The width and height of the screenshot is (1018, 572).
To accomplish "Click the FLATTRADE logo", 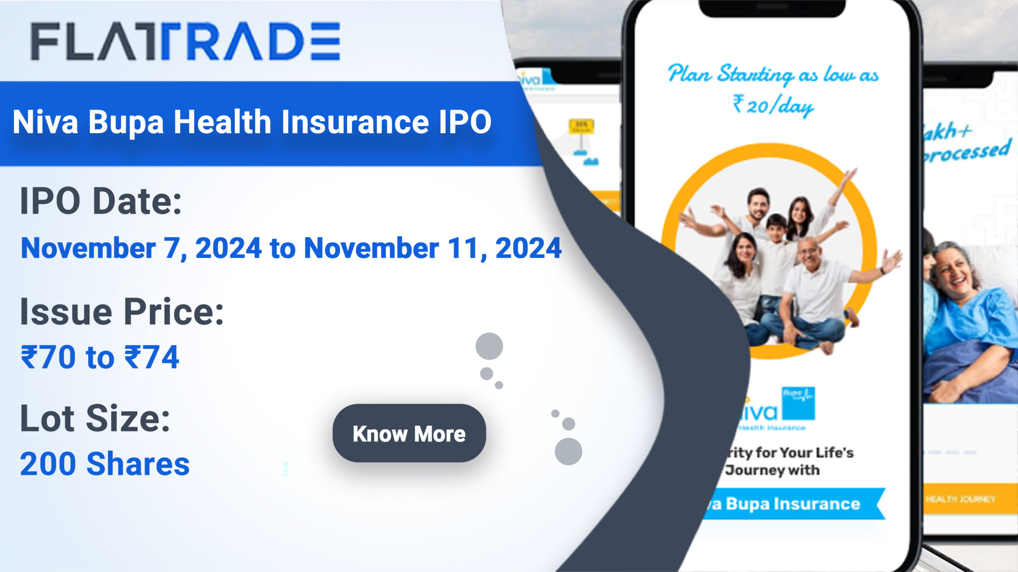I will pyautogui.click(x=185, y=41).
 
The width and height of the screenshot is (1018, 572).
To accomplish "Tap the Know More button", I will pyautogui.click(x=409, y=433).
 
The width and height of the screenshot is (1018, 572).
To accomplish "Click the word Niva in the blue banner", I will pyautogui.click(x=45, y=122).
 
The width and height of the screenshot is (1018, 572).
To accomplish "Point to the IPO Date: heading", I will pyautogui.click(x=101, y=201).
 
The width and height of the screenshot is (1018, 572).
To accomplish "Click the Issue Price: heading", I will pyautogui.click(x=122, y=312).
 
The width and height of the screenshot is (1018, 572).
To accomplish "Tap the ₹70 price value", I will pyautogui.click(x=48, y=357).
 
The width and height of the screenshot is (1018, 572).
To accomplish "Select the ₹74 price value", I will pyautogui.click(x=152, y=357).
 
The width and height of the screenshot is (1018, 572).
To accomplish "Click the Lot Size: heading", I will pyautogui.click(x=95, y=418).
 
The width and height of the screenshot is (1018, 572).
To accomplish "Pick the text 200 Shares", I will pyautogui.click(x=105, y=464).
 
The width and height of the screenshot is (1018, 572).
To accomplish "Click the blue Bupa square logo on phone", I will pyautogui.click(x=798, y=403).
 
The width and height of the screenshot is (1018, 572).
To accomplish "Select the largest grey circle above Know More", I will pyautogui.click(x=489, y=346).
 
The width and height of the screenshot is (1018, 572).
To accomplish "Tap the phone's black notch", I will pyautogui.click(x=772, y=8).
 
